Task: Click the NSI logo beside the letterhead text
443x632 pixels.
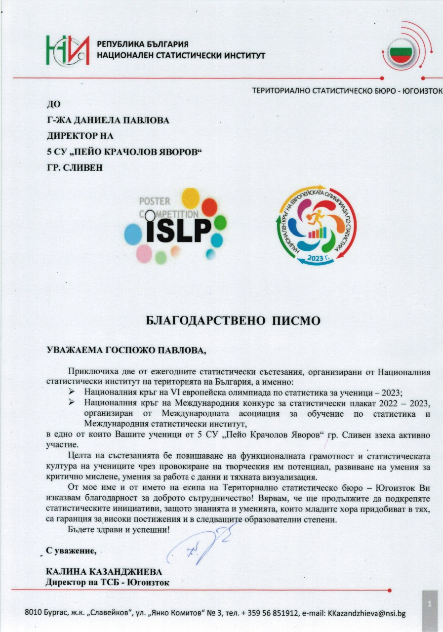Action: pos(68,50)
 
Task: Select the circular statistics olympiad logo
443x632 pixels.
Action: pos(315,227)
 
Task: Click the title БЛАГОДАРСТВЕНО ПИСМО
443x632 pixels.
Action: pos(233,320)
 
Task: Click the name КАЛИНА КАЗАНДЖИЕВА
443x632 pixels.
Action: pos(104,572)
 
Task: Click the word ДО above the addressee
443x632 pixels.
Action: pos(52,104)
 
